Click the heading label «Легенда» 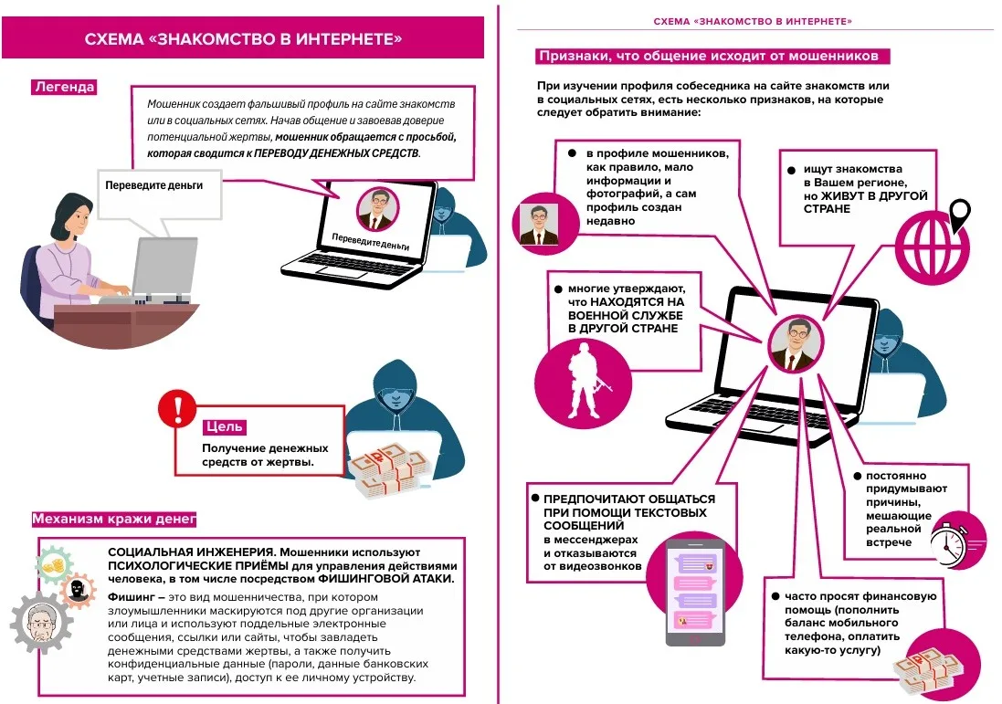(63, 88)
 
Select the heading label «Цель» (224, 426)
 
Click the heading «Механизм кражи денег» (113, 520)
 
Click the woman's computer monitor (164, 265)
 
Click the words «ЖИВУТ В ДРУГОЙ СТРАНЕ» (866, 202)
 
